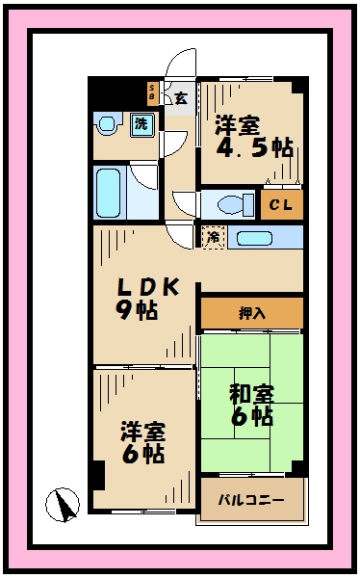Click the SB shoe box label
152,93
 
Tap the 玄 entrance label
180,96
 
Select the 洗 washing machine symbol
141,124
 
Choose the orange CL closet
281,204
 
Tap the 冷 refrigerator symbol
212,237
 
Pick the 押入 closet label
251,312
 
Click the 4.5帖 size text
255,148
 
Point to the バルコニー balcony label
249,500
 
